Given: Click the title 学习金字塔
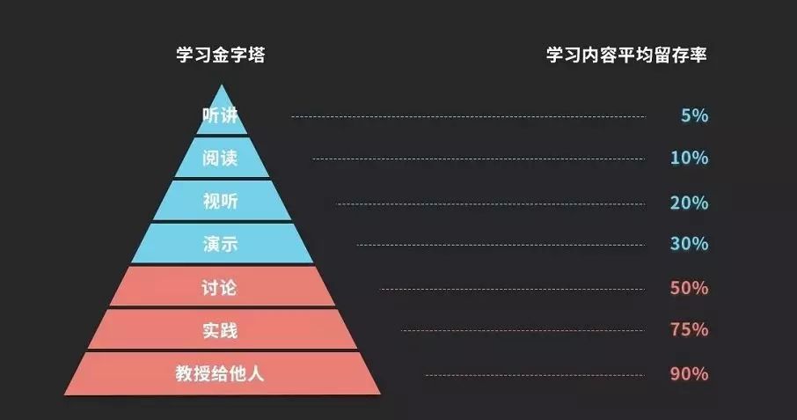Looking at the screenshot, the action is click(x=221, y=55).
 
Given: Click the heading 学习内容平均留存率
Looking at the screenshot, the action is click(x=626, y=55).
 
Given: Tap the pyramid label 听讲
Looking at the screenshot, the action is click(x=220, y=115).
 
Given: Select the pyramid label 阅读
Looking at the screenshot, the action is click(x=220, y=158).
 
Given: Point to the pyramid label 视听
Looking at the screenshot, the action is click(x=220, y=202).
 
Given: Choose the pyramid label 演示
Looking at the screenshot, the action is click(x=220, y=244).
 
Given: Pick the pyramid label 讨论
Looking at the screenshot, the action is click(x=219, y=288).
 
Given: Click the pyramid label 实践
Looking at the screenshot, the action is click(x=220, y=331).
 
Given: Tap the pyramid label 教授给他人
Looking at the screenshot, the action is click(x=220, y=373).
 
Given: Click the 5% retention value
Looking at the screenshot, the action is click(x=694, y=116).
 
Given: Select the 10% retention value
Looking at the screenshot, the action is click(x=690, y=158).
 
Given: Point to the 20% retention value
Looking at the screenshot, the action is click(x=690, y=203).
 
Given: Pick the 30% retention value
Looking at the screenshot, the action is click(x=690, y=244).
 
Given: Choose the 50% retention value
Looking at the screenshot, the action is click(x=690, y=288).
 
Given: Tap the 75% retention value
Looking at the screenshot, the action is click(x=690, y=330).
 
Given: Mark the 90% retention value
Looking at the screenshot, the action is click(x=690, y=374).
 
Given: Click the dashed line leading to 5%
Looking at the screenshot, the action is click(x=468, y=116).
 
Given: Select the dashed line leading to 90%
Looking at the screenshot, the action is click(x=535, y=375).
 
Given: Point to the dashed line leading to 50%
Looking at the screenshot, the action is click(x=512, y=290).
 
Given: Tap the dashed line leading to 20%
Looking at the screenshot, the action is click(x=491, y=204).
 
